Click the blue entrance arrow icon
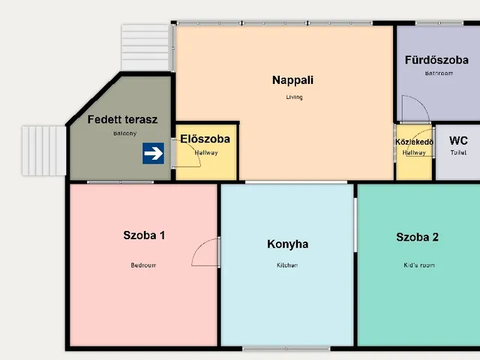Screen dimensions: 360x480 154,154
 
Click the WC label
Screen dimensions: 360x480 458,139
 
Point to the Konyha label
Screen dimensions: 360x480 287,244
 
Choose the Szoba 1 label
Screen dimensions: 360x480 144,235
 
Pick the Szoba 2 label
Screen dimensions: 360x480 417,238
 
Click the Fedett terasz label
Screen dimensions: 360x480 122,119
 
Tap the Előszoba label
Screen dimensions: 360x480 205,139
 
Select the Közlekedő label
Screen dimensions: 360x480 413,141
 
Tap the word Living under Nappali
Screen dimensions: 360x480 293,97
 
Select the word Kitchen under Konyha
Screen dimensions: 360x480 287,265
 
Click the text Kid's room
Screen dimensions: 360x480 417,265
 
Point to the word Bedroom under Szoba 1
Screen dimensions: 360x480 143,265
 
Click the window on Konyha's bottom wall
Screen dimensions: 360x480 286,348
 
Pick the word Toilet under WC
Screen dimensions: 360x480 458,152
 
